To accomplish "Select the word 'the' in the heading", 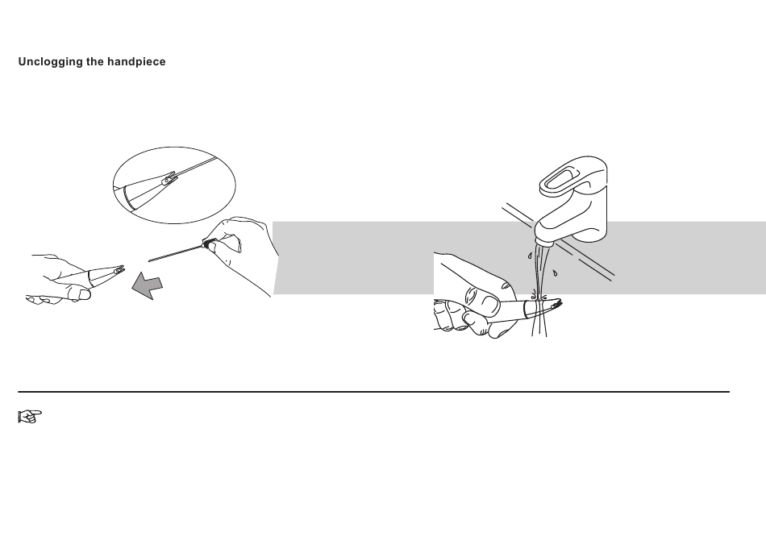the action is click(x=95, y=61).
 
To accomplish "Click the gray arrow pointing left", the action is click(x=147, y=285).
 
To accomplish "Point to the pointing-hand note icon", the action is click(x=30, y=417).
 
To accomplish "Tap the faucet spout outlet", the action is click(x=544, y=242).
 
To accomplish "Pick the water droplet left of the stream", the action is click(x=529, y=256).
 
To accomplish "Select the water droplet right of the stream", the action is click(x=555, y=273).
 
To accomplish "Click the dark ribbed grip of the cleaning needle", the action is click(x=209, y=243).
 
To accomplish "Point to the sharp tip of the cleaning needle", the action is click(x=149, y=261).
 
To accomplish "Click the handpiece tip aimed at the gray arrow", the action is click(x=119, y=269).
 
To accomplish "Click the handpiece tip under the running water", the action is click(x=556, y=305).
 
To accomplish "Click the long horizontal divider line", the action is click(x=373, y=392).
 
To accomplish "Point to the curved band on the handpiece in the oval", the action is click(x=129, y=198).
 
